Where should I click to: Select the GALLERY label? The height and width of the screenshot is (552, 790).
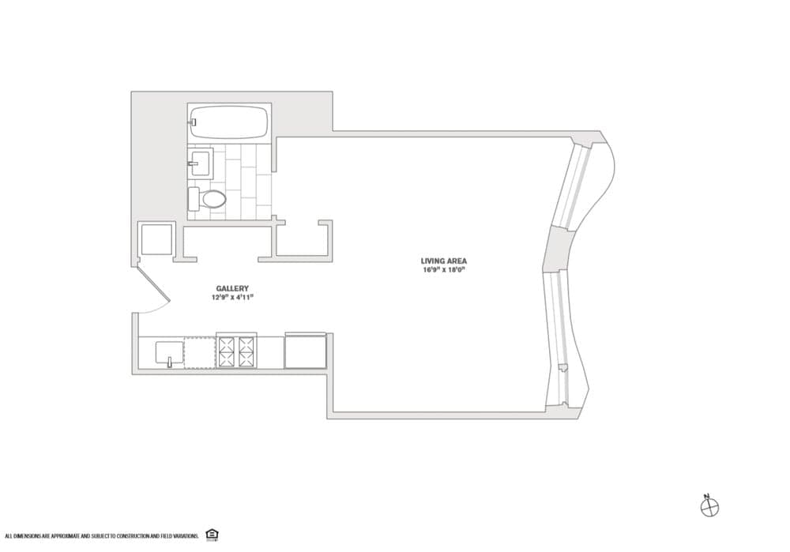(232, 288)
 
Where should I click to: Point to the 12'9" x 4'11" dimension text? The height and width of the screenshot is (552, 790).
(232, 298)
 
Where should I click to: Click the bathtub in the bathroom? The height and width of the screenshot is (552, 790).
(229, 122)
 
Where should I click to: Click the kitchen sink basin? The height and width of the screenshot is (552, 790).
(169, 352)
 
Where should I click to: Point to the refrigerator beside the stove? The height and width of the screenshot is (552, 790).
(305, 351)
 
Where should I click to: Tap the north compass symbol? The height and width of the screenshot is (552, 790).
(709, 507)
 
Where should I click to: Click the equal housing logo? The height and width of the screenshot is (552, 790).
(212, 535)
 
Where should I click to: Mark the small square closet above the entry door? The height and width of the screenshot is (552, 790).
(155, 239)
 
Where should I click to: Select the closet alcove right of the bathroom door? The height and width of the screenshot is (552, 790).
(302, 240)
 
